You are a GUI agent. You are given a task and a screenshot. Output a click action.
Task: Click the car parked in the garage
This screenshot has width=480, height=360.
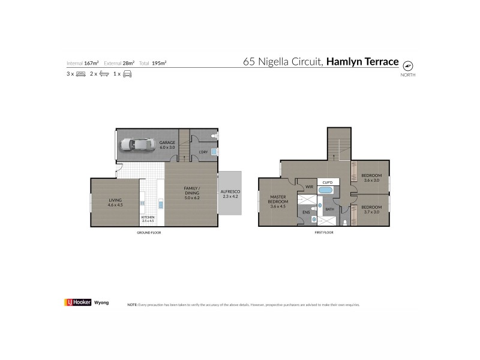[137, 145]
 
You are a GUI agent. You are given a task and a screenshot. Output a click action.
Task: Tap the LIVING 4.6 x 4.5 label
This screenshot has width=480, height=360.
[115, 203]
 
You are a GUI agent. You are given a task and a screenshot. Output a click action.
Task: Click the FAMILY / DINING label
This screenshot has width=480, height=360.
[192, 193]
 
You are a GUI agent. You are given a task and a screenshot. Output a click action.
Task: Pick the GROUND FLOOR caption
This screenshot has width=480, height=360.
[149, 232]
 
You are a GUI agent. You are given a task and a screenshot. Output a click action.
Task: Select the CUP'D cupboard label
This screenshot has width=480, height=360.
[327, 182]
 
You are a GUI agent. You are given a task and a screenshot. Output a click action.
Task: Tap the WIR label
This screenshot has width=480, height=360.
[310, 187]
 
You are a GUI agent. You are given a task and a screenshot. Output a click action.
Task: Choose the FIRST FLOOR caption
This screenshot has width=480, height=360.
[323, 232]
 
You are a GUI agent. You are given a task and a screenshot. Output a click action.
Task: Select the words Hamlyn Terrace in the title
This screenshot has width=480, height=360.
[362, 62]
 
